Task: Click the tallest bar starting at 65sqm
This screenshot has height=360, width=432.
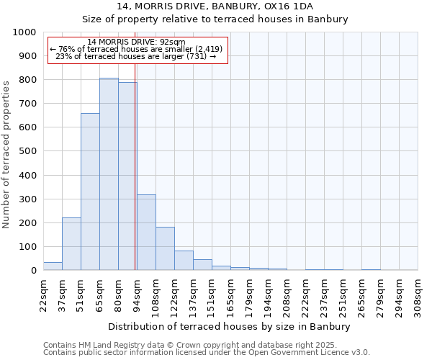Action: coord(109,174)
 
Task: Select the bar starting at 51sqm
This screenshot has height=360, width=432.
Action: coord(90,192)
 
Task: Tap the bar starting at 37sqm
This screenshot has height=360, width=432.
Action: coord(71,244)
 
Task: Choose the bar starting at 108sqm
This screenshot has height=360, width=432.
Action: coord(165,248)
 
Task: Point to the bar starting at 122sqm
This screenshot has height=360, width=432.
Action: coord(184,261)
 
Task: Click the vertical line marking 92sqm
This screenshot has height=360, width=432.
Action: coord(135,166)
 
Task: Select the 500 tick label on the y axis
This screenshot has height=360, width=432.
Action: coord(27,151)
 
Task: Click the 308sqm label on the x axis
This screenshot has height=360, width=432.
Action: coord(418,294)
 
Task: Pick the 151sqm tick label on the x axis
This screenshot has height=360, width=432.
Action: coord(212,294)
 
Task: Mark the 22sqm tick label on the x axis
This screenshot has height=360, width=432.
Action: coord(44,294)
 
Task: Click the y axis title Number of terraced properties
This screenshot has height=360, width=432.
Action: coord(6,154)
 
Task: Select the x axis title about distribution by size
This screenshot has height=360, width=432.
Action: coord(230,327)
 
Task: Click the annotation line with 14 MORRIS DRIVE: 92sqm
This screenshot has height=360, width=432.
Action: coord(136,42)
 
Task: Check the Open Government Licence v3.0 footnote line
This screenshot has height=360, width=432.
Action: coord(207,352)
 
